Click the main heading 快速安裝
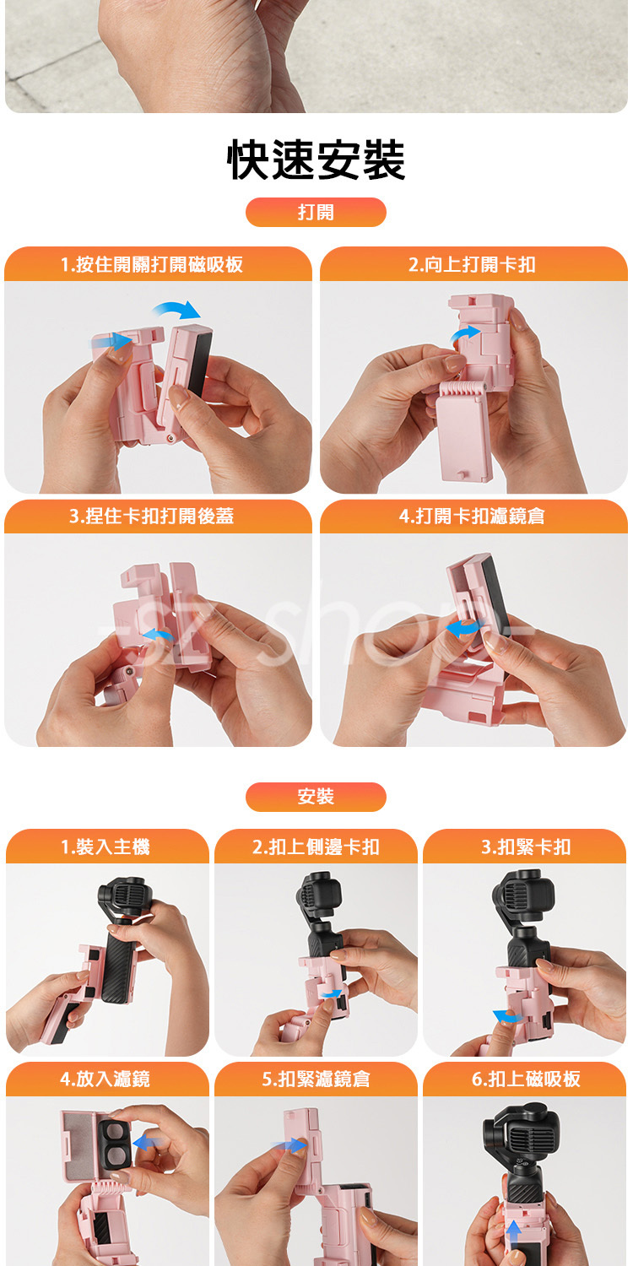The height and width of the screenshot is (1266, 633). point(316,160)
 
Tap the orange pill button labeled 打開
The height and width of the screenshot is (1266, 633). point(316,212)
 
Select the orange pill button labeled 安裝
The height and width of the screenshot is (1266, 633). point(316,797)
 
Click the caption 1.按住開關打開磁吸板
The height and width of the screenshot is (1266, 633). point(152,264)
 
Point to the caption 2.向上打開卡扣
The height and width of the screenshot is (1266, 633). point(472,264)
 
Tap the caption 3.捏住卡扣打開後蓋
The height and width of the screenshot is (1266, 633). point(151,516)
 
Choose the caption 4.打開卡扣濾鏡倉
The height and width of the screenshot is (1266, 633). point(472,516)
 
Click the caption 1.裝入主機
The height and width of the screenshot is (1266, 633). point(105,847)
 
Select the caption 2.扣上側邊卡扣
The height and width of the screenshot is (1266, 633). point(316,847)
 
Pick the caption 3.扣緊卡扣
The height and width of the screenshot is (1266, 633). point(526,847)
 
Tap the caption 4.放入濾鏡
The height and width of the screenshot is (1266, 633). point(105,1079)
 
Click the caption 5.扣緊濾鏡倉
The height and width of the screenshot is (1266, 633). point(316,1079)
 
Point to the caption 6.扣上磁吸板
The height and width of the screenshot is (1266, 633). point(526,1079)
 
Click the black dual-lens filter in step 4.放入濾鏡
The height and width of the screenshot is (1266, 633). point(115,1145)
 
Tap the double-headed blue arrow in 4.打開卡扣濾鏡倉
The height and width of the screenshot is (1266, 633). point(464,627)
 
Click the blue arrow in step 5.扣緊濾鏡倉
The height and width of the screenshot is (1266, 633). point(289,1145)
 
